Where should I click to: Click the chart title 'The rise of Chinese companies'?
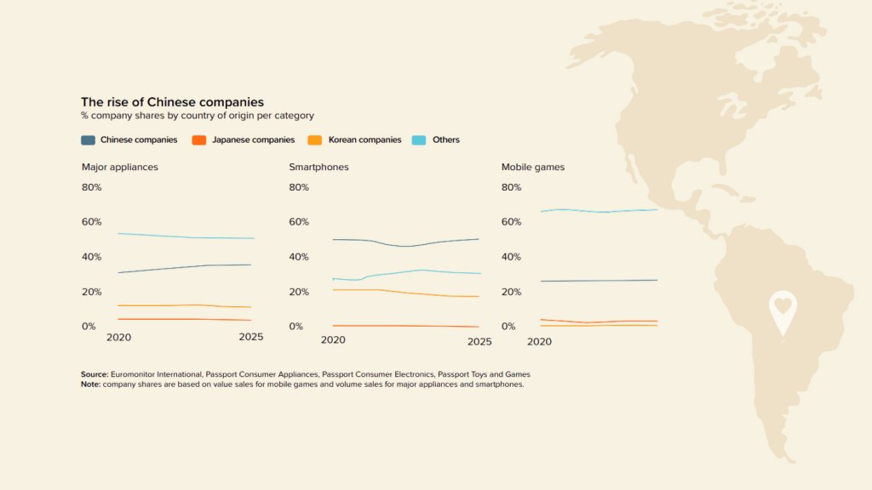pos(172,102)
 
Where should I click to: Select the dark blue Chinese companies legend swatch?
pos(88,140)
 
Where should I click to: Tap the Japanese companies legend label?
pos(253,140)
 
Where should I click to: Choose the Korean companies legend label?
pos(364,140)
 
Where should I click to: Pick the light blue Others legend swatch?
pos(419,140)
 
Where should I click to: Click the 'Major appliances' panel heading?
pos(120,167)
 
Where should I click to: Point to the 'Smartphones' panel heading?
pos(318,167)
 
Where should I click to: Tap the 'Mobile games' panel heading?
pos(533,167)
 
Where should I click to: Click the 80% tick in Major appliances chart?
pos(91,187)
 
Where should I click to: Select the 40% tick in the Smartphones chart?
pos(299,257)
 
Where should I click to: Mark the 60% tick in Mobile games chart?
pos(511,222)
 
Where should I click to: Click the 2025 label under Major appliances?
pos(251,337)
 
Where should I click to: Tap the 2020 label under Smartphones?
pos(332,340)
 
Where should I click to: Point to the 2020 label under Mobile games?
pos(539,341)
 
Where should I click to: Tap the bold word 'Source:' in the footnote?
pos(95,374)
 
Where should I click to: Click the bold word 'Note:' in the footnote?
pos(90,384)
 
